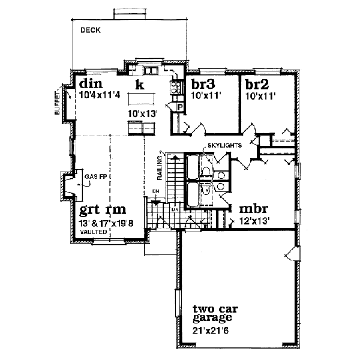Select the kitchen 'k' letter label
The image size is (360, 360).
point(139,85)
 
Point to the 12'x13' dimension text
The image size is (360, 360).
point(255,221)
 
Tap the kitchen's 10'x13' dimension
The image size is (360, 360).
point(141,112)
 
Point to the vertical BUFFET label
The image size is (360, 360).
point(57,103)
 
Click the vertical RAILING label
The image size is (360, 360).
point(160,166)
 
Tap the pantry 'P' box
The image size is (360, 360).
point(179,107)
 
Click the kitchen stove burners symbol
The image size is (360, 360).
point(176,88)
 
